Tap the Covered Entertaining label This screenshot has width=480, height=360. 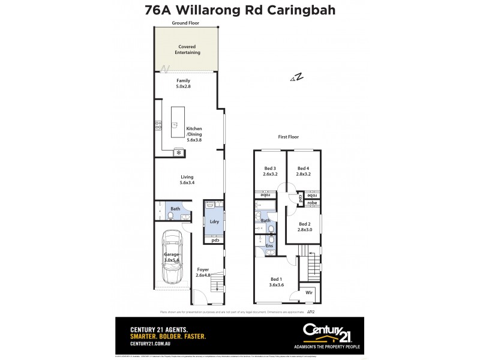187,49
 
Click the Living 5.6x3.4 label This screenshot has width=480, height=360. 187,181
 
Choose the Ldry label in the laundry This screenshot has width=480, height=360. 214,221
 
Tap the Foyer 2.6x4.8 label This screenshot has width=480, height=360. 203,273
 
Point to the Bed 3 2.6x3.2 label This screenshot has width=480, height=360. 270,171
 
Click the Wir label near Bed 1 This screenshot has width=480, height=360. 310,293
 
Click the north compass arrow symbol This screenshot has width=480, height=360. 296,77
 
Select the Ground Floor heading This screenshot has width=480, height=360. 185,23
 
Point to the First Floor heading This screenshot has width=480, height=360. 288,137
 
